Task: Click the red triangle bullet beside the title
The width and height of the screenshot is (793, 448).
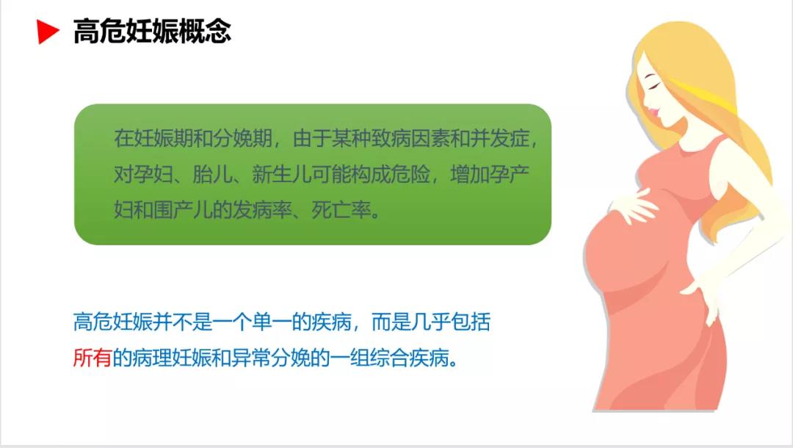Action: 48,32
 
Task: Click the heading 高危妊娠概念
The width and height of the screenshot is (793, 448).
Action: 152,32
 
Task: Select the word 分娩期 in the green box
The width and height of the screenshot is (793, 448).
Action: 228,138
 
